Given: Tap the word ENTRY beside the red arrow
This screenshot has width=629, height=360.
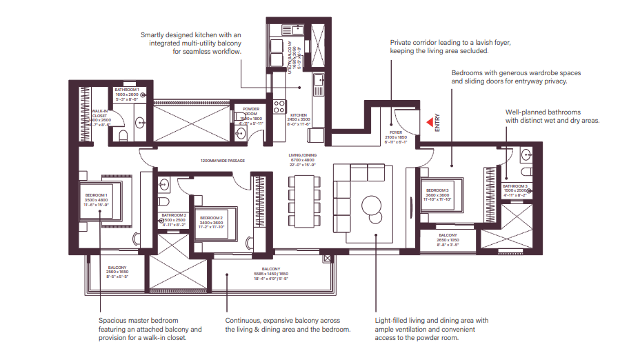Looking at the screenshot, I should (437, 122).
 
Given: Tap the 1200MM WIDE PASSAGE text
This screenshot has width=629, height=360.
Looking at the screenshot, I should (222, 161).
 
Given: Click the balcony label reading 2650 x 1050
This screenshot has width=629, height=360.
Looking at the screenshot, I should (448, 239).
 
